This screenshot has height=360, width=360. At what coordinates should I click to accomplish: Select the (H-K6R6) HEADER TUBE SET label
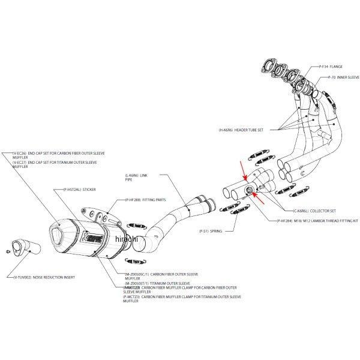[241, 130]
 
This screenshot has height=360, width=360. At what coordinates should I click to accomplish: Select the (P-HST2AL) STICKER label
[79, 190]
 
